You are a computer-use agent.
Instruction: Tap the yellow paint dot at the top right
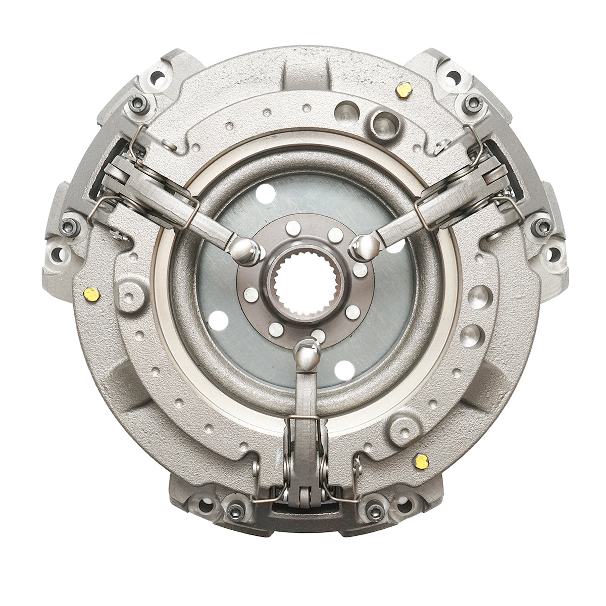(x=404, y=90)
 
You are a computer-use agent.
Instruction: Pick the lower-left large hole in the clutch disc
(x=218, y=319)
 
